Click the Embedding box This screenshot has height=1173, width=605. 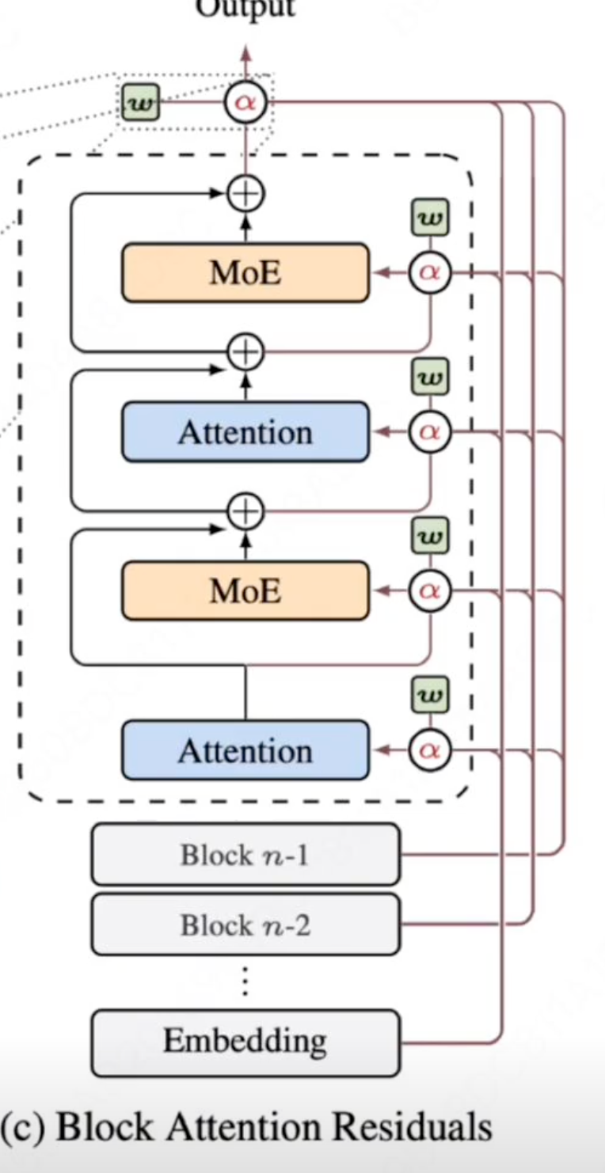coord(245,1042)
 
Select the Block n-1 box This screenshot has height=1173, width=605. coord(245,854)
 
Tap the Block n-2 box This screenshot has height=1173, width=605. coord(245,924)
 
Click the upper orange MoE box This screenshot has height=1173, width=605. coord(245,273)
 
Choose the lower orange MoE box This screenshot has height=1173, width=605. coord(245,590)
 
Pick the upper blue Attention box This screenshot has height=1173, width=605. coord(245,432)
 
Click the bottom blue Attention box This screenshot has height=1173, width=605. coord(245,750)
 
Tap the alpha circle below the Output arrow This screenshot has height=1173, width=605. coord(245,103)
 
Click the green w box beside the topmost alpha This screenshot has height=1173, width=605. coord(140,103)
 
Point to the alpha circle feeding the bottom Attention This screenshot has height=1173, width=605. coord(430,750)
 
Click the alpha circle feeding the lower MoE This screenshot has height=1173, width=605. coord(430,590)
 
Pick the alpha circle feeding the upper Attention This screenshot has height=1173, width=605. coord(430,432)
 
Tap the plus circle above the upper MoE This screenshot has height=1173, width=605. coord(245,192)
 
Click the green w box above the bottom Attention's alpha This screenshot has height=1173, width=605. coord(430,696)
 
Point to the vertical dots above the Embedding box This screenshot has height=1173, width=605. coord(245,981)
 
